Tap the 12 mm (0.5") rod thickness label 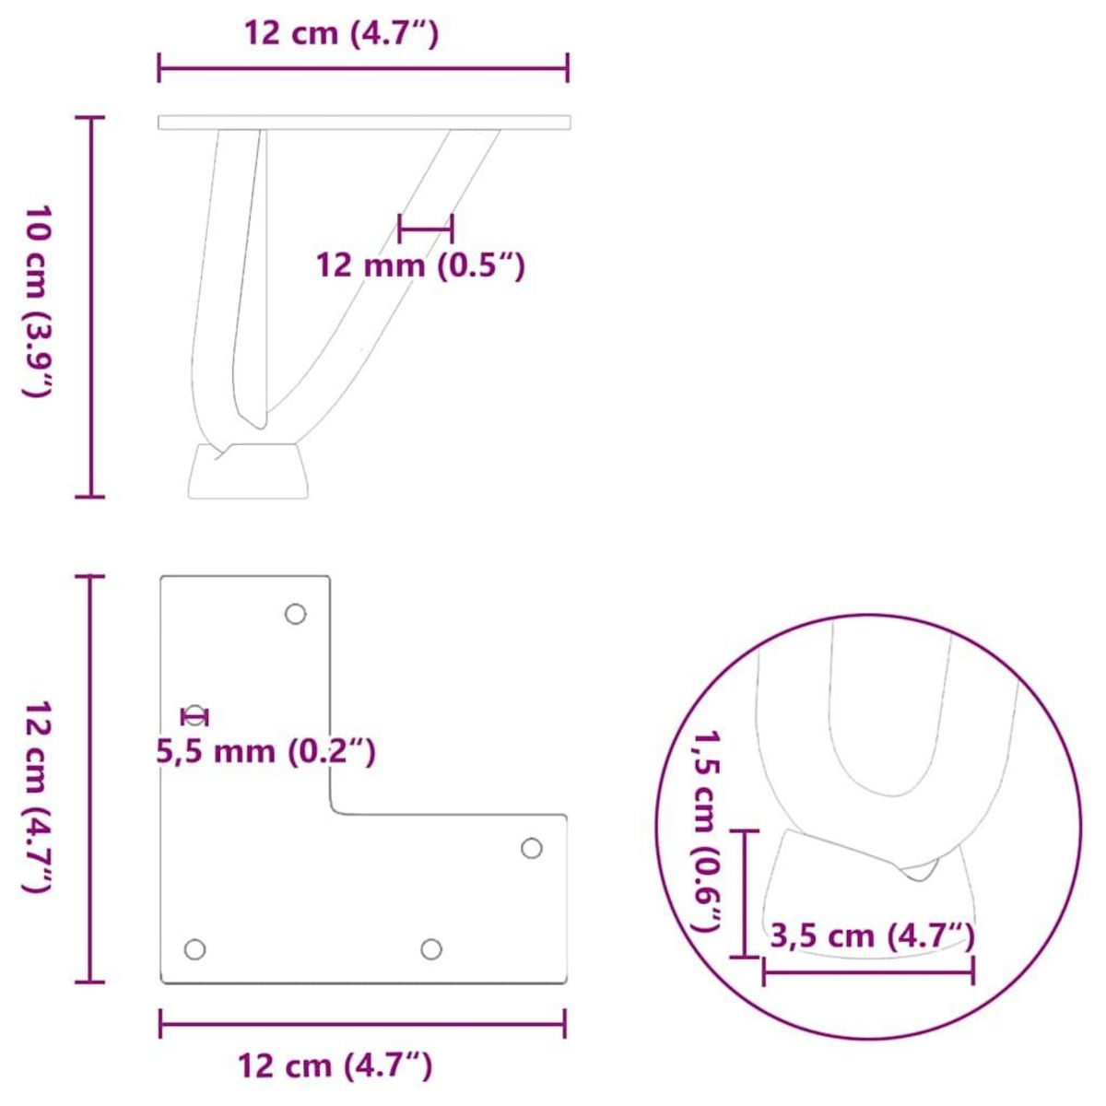point(420,266)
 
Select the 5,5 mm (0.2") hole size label point(266,752)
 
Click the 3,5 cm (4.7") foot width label point(872,936)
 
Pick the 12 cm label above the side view point(342,33)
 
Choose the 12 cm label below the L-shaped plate point(335,1066)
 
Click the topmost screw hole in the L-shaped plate point(295,614)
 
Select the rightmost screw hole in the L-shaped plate point(532,848)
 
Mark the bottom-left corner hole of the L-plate point(194,948)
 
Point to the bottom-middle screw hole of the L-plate point(430,948)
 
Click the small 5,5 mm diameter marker point(195,716)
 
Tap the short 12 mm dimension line point(425,226)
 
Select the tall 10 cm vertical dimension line point(90,307)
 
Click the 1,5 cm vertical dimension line point(745,893)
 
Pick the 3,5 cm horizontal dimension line point(867,970)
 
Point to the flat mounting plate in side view point(364,123)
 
